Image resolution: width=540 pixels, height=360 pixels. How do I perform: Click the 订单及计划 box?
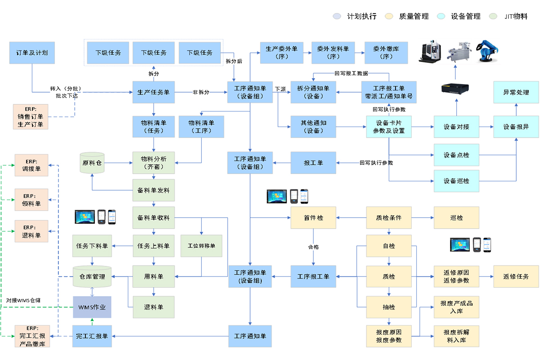pos(32,53)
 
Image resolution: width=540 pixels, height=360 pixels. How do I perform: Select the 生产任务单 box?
pos(153,92)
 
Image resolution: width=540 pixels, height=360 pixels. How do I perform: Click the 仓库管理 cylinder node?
pos(92,276)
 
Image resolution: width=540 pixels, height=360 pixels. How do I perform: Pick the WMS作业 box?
pos(92,307)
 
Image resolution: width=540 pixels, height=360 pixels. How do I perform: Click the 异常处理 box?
pos(516,92)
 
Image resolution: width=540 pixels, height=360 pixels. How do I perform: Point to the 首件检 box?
pos(313,218)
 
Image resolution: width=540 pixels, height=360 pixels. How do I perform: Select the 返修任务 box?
pos(516,276)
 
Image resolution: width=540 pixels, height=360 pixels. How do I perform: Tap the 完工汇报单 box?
pos(92,336)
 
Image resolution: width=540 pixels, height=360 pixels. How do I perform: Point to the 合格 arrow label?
pos(313,247)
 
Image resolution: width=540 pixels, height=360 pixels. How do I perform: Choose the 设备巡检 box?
pos(456,181)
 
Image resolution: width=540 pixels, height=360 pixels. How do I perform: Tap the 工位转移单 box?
pos(201,246)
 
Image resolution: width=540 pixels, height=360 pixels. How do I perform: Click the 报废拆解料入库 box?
pos(456,336)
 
